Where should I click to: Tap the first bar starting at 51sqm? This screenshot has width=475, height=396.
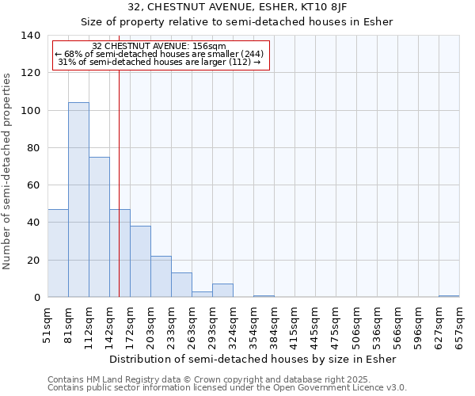(58, 253)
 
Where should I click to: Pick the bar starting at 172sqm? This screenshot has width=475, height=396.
(140, 261)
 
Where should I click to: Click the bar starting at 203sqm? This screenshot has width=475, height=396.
(161, 276)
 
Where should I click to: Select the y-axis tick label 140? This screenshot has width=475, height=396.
(30, 36)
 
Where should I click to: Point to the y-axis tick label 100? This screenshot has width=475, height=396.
(30, 111)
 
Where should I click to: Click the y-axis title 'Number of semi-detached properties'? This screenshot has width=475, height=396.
(8, 171)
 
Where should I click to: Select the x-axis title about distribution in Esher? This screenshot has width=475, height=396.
(253, 359)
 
